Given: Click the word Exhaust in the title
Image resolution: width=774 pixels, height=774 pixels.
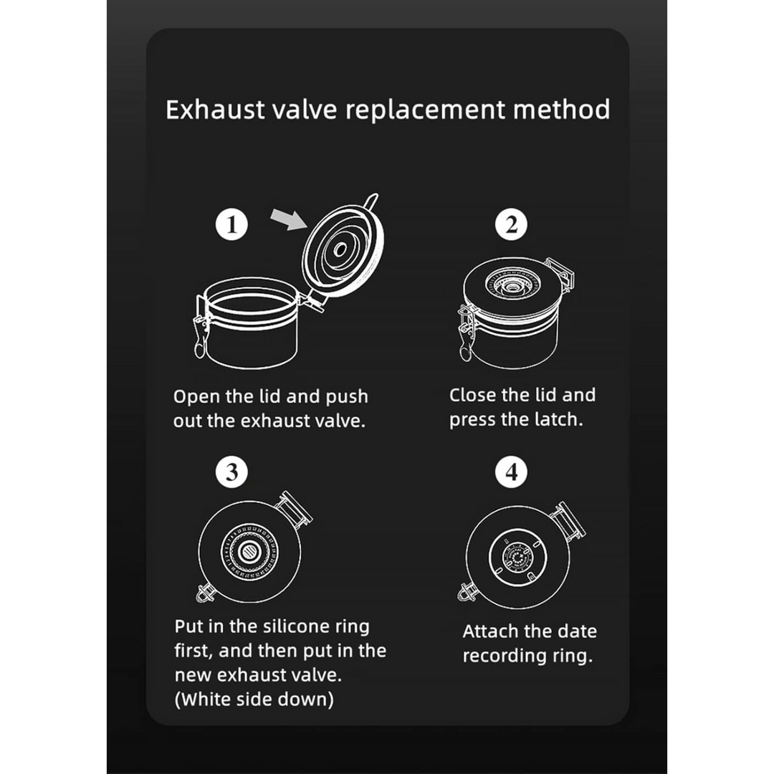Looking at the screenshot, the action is (x=215, y=109).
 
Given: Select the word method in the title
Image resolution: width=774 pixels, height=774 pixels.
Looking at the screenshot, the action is (x=561, y=109).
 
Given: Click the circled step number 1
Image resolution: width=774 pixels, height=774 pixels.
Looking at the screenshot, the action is (x=231, y=224).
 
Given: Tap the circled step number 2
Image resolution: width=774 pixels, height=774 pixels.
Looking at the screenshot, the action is (x=511, y=224).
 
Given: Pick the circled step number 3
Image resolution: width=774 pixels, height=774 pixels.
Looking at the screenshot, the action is (x=231, y=472).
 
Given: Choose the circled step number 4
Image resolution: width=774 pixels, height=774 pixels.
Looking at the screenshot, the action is (x=511, y=472).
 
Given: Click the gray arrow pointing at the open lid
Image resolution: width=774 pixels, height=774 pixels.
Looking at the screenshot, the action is (x=290, y=219).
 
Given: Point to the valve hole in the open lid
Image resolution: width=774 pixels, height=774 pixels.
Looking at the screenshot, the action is (x=340, y=250).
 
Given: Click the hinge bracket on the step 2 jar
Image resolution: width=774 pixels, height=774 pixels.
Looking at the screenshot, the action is (x=562, y=274).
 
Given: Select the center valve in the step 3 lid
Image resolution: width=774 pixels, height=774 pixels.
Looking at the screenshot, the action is (x=249, y=552).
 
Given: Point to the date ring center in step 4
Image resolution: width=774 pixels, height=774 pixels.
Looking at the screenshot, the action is (x=517, y=558).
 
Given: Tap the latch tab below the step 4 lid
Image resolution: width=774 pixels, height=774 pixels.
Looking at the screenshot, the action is (x=466, y=591).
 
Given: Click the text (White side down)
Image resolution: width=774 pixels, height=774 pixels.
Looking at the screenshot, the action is (x=254, y=699).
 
